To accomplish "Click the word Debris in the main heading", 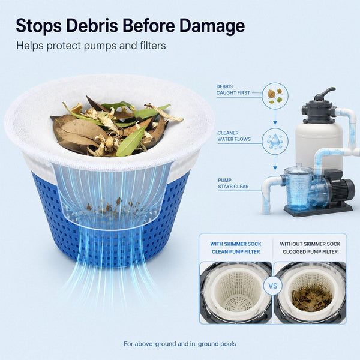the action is (x=92, y=25).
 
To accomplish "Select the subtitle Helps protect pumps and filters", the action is (x=91, y=46).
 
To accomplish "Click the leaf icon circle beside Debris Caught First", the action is (x=275, y=95).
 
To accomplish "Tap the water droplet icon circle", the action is (x=275, y=141).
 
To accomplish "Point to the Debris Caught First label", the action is (x=233, y=89).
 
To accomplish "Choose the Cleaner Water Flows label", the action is (x=234, y=136).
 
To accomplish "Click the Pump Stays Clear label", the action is (x=233, y=183).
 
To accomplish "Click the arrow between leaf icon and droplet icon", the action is (x=275, y=117).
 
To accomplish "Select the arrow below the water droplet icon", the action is (x=275, y=163).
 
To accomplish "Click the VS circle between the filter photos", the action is (x=273, y=286).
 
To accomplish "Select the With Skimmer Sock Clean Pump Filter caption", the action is (x=236, y=248).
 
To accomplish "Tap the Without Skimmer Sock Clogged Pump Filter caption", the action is (x=310, y=248).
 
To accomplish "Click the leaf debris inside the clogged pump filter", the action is (x=311, y=298).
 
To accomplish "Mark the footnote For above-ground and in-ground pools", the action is (x=180, y=344).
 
